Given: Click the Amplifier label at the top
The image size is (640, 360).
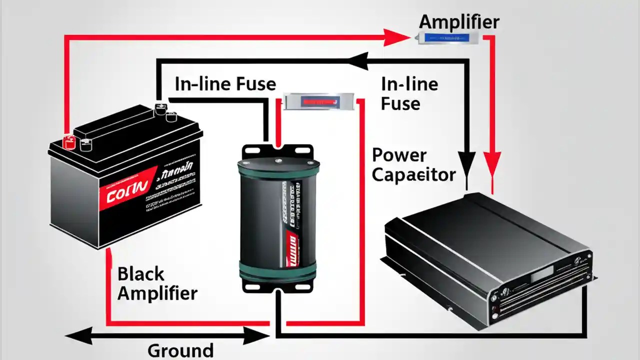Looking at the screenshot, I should pos(458,22).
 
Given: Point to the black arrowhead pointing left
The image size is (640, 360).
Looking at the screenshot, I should pos(357,62).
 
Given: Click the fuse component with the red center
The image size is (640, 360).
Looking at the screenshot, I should pos(319,101).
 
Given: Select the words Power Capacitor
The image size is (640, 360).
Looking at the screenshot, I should pos(413,165).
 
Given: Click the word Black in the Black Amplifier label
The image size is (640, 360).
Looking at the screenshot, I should pos(140,274).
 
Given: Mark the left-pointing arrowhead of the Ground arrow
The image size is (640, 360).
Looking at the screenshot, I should pos(75,338).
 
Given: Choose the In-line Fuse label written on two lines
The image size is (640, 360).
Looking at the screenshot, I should pos(409,93).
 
